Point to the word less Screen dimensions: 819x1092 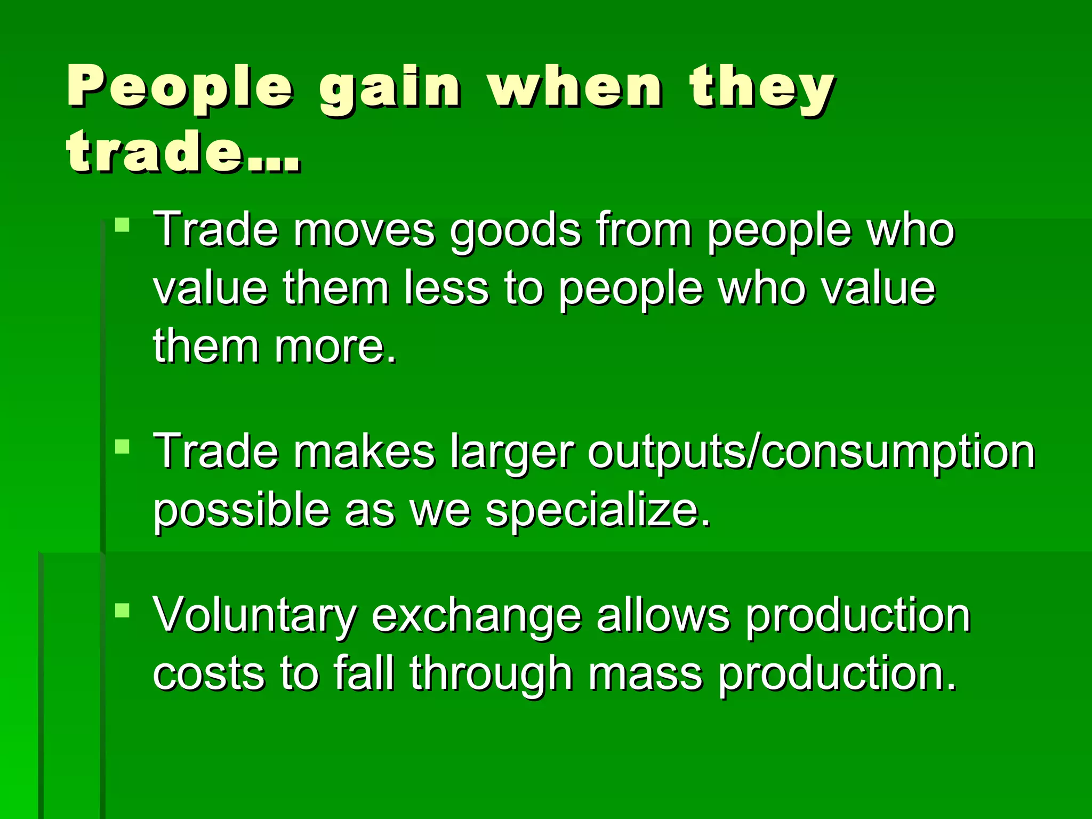[446, 288]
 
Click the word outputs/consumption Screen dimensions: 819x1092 [811, 452]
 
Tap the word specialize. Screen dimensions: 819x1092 [598, 511]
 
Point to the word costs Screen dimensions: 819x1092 [208, 673]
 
